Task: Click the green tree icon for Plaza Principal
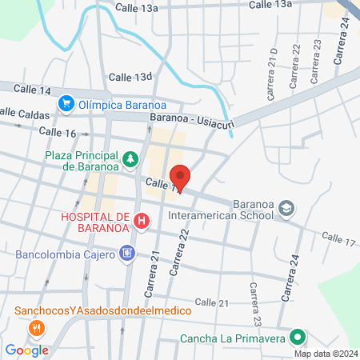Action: [x=130, y=160]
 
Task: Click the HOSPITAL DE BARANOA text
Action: [x=94, y=222]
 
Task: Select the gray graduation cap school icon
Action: [x=286, y=210]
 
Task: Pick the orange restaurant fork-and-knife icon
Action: [x=36, y=327]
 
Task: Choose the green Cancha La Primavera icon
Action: [x=297, y=338]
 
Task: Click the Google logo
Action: [x=27, y=350]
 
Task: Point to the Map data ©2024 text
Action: [x=326, y=354]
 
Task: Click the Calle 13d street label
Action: [x=130, y=77]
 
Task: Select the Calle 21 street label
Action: [x=214, y=302]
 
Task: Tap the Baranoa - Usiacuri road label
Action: [x=189, y=118]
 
